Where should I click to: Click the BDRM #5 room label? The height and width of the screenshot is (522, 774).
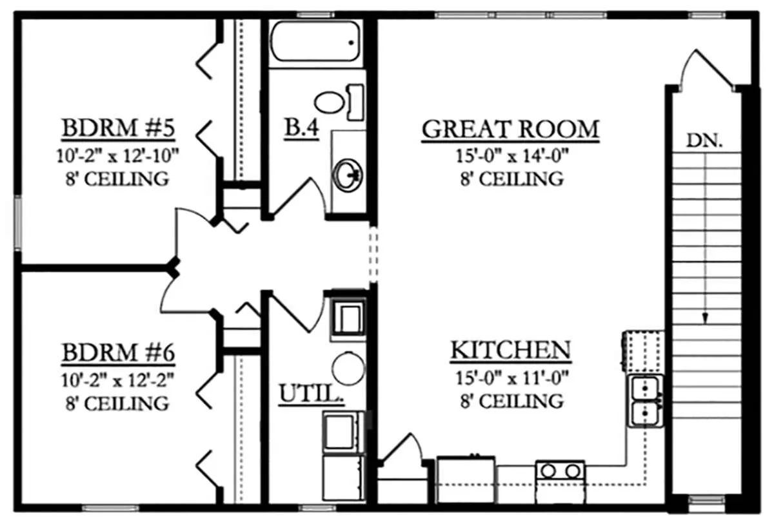coord(118,128)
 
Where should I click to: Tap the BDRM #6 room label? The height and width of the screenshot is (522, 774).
coord(118,353)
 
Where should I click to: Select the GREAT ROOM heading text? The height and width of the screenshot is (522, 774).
coord(510,129)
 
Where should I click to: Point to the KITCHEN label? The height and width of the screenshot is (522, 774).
coord(511,350)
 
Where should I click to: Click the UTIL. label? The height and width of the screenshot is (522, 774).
coord(312,393)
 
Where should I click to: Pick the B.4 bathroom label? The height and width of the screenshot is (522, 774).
coord(301,128)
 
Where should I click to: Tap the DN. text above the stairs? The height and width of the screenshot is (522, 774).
coord(704,140)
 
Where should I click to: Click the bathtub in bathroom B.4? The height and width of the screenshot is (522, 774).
coord(315,42)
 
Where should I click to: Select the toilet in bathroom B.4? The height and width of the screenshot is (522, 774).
coord(339,102)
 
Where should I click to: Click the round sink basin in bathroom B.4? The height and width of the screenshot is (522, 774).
coord(347,175)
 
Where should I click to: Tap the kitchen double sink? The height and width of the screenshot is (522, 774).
coord(645,401)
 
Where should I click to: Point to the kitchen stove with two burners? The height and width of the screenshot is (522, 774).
coord(560,482)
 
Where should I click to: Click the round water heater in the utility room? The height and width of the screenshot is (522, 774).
coord(348,369)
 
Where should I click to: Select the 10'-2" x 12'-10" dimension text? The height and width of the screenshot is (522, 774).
coord(117,156)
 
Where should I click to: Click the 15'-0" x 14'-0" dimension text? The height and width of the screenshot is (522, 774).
coord(512,156)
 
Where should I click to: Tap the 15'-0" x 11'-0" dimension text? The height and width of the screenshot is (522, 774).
coord(512,378)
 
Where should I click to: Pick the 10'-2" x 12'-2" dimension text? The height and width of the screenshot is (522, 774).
coord(117,380)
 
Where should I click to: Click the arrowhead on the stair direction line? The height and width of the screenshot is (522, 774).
coord(705,318)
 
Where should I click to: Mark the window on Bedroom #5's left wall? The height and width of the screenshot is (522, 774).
coord(17,223)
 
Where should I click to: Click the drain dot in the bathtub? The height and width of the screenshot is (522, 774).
coord(352,43)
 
